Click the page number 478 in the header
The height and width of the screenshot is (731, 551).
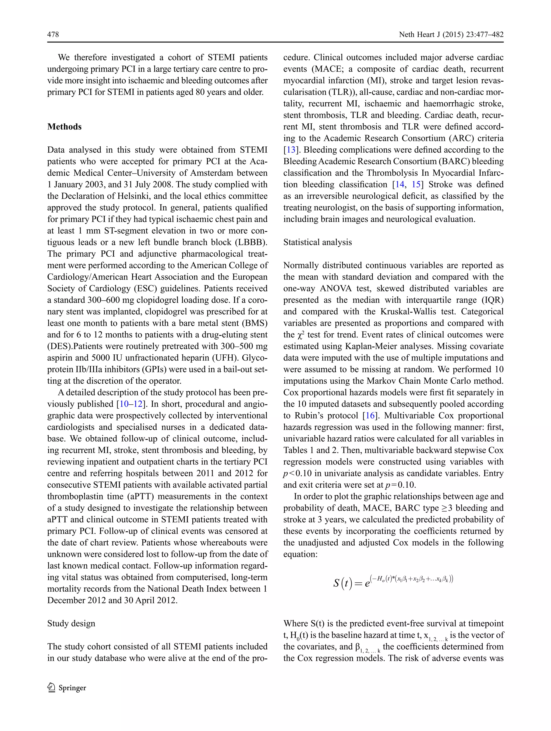pyautogui.click(x=53, y=34)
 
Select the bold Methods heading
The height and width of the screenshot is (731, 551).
pyautogui.click(x=64, y=127)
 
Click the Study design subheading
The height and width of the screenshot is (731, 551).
pyautogui.click(x=71, y=623)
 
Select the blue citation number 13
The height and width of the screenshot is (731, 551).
pyautogui.click(x=291, y=150)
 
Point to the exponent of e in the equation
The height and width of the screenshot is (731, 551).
pyautogui.click(x=412, y=579)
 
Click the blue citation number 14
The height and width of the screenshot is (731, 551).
pyautogui.click(x=400, y=184)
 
